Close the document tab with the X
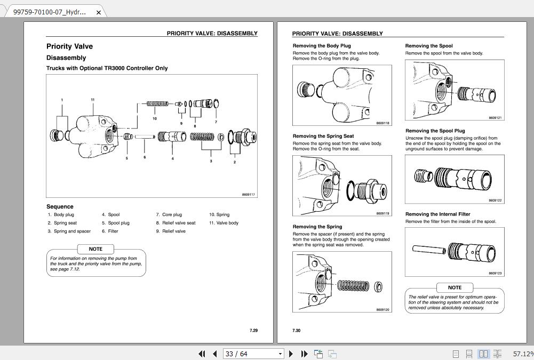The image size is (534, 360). pyautogui.click(x=99, y=12)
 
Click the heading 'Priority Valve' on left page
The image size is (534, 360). pyautogui.click(x=69, y=46)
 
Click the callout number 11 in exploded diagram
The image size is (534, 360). pyautogui.click(x=93, y=100)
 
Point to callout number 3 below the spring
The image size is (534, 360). pyautogui.click(x=211, y=161)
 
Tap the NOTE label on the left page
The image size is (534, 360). pyautogui.click(x=95, y=249)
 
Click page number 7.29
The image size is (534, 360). pyautogui.click(x=253, y=331)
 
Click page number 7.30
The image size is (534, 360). pyautogui.click(x=296, y=331)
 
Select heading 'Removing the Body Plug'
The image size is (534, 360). pyautogui.click(x=322, y=46)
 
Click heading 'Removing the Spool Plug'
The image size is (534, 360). pyautogui.click(x=435, y=131)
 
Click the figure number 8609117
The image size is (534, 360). pyautogui.click(x=248, y=195)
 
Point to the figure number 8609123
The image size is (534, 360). pyautogui.click(x=495, y=273)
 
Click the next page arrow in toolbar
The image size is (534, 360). pyautogui.click(x=291, y=354)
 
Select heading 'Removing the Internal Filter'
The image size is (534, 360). pyautogui.click(x=437, y=214)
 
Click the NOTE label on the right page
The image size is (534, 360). pyautogui.click(x=455, y=287)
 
